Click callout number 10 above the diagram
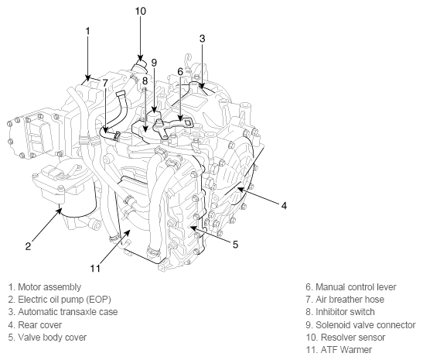pos(140,11)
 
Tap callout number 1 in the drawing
pos(87,31)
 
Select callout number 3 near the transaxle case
pos(203,39)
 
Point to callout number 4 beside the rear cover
pos(284,206)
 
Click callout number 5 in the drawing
pos(236,245)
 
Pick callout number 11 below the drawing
pos(95,268)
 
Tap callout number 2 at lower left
pos(28,246)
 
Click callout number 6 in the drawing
pos(180,72)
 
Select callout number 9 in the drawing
pos(154,63)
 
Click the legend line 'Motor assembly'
pos(45,286)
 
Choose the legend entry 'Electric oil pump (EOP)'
pos(60,300)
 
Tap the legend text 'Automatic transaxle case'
pos(63,312)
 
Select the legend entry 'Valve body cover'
pos(47,338)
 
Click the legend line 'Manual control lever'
pos(351,286)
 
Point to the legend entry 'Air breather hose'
pos(345,300)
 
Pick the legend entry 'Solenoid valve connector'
pos(360,325)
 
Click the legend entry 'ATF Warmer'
pos(339,350)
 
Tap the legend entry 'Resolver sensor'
pos(346,338)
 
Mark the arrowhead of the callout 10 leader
pos(140,58)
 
